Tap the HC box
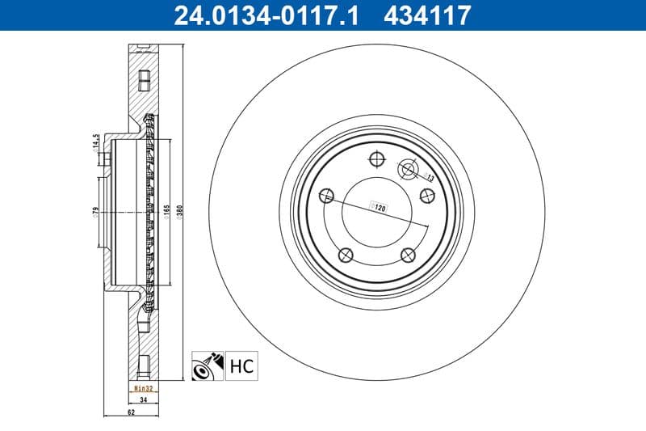pos(241,366)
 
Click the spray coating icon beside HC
pos(208,366)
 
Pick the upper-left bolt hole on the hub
pos(326,196)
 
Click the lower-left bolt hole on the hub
pos(346,256)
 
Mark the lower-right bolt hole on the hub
pos(408,256)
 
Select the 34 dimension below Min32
pos(142,399)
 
